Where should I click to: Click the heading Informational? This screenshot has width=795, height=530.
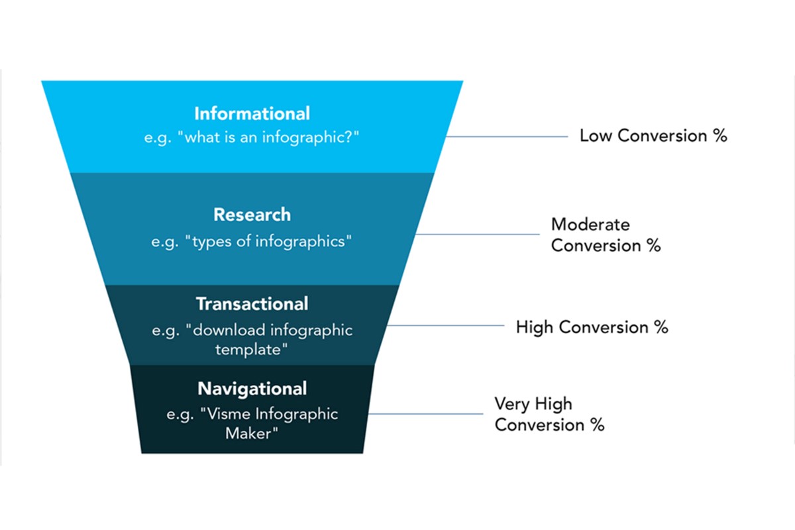(x=252, y=113)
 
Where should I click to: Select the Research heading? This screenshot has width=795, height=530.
(x=252, y=215)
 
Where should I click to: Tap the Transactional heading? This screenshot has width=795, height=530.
(x=252, y=304)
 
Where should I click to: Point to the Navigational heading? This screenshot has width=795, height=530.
(x=252, y=388)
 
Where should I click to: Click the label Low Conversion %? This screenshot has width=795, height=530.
(x=653, y=136)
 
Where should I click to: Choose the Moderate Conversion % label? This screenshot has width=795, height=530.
(x=606, y=235)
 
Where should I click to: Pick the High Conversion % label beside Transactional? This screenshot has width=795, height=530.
(x=592, y=327)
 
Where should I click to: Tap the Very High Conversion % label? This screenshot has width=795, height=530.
(x=549, y=414)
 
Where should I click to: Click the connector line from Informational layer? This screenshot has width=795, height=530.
(x=507, y=136)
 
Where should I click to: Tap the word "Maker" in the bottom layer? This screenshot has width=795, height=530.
(x=252, y=434)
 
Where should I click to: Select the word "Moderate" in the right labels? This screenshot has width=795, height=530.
(x=590, y=224)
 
